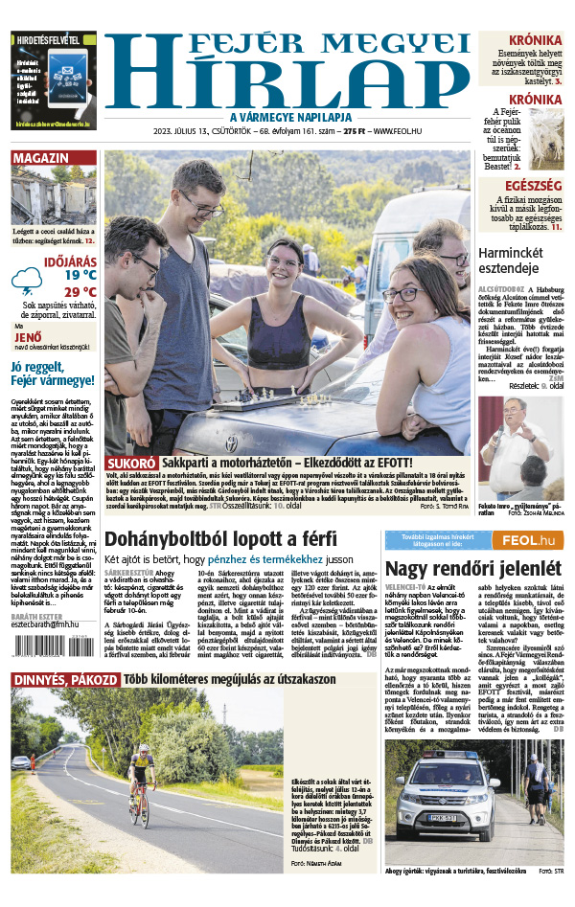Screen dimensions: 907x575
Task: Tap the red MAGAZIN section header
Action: (x=41, y=158)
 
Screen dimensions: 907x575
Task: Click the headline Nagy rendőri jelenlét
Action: (x=460, y=569)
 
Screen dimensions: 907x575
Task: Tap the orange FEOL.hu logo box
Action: (x=527, y=542)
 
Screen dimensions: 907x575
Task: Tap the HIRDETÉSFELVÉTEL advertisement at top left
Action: (x=54, y=81)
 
